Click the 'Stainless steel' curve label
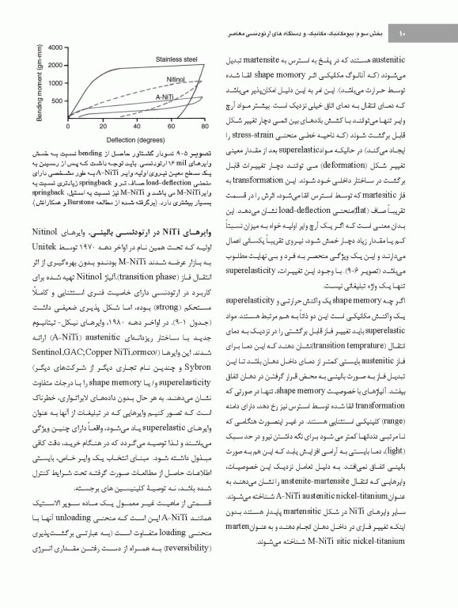[176, 59]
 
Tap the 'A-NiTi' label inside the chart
[164, 96]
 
